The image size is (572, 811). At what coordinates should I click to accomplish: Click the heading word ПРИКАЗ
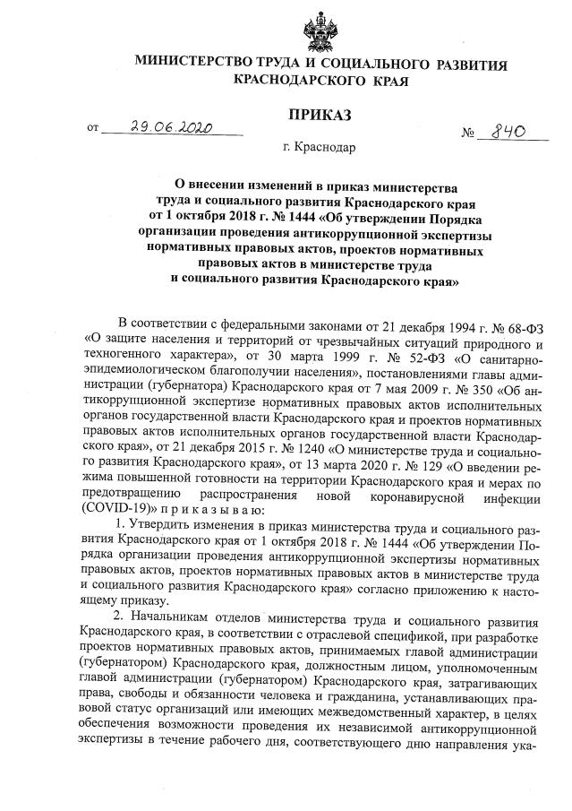319,115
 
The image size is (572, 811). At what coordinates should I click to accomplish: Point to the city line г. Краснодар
319,148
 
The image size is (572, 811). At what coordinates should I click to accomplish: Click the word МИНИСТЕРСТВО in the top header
193,65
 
